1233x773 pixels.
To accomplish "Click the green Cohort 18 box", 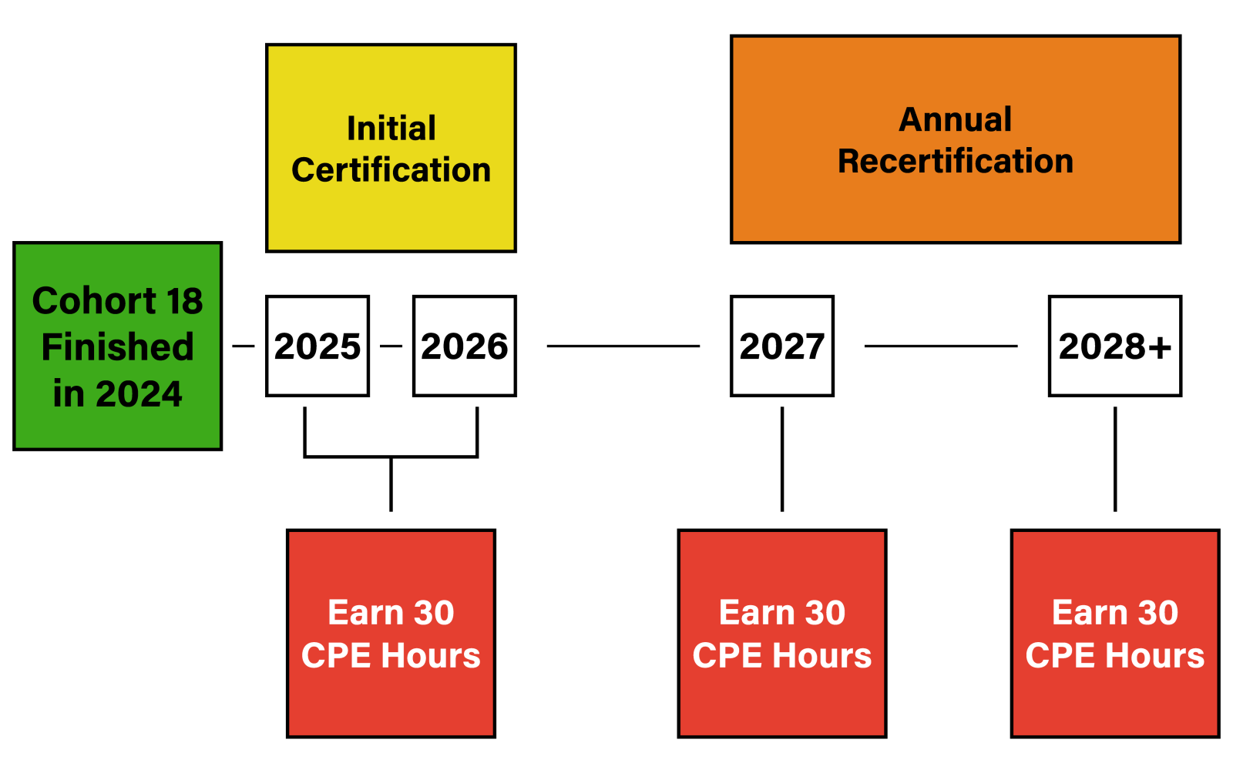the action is click(118, 346).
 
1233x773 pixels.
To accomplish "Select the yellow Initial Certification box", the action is click(391, 148).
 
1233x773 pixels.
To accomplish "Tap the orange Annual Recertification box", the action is click(956, 139).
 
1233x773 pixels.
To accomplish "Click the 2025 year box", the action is click(317, 346).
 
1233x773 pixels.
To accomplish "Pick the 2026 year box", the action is click(465, 346).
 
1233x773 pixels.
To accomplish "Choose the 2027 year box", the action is click(782, 346).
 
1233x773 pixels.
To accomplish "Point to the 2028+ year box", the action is click(1115, 346).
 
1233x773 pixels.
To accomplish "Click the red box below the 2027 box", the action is click(782, 634).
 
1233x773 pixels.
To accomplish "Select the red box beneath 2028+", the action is click(1115, 634).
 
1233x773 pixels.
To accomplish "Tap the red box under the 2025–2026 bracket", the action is click(391, 634).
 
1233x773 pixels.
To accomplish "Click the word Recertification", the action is click(956, 161).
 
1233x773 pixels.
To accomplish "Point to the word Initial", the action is click(391, 129).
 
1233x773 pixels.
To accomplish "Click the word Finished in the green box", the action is click(118, 347).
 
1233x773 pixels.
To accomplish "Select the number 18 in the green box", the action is click(185, 301).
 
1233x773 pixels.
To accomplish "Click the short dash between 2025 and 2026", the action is click(391, 346).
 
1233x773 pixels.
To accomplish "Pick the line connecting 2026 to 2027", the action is click(623, 346).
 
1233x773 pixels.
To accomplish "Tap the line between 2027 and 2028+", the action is click(941, 346).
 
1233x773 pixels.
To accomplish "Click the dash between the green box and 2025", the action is click(244, 346).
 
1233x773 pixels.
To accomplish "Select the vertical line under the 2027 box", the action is click(782, 459).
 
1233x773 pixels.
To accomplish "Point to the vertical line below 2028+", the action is click(1115, 459).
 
